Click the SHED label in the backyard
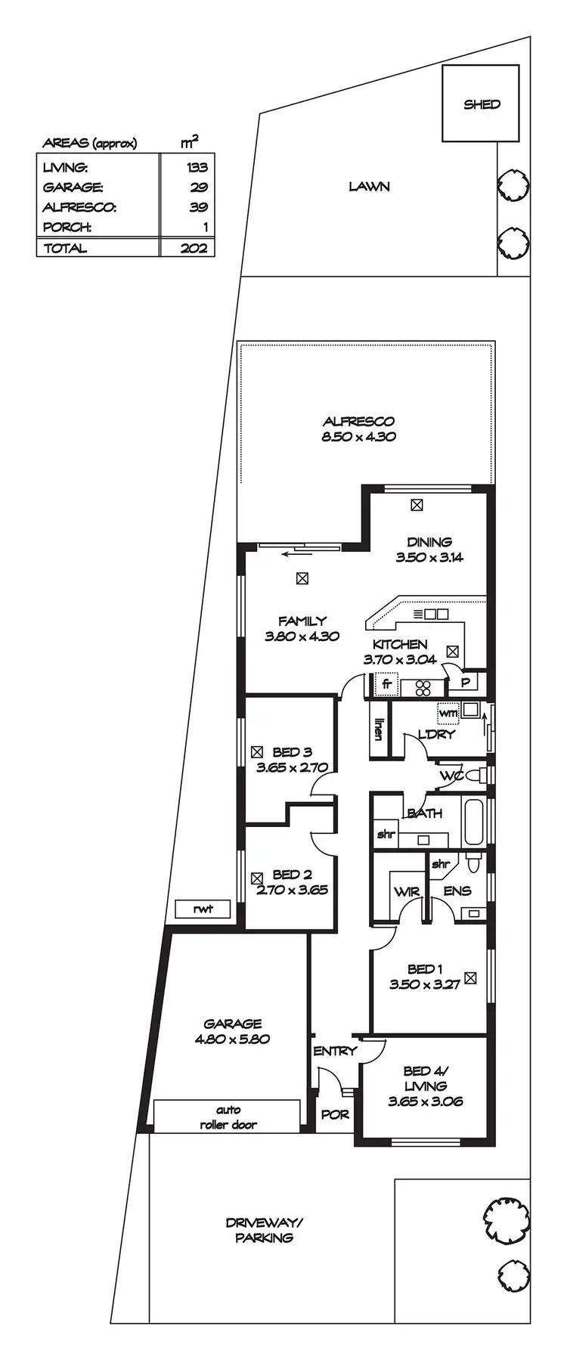coord(482,104)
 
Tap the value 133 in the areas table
coord(197,167)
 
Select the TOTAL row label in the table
coord(65,248)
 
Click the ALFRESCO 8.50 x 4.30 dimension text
coord(358,437)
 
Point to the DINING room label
coord(429,542)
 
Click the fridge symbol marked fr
coord(386,685)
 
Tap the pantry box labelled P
coord(465,682)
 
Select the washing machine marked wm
coord(448,712)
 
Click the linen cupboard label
coord(379,730)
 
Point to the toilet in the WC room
coord(473,776)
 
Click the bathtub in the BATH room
coord(473,822)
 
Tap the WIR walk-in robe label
coord(406,892)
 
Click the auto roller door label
coord(228,1117)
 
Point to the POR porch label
coord(335,1114)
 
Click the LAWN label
coord(369,186)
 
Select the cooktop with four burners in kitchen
coord(423,687)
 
